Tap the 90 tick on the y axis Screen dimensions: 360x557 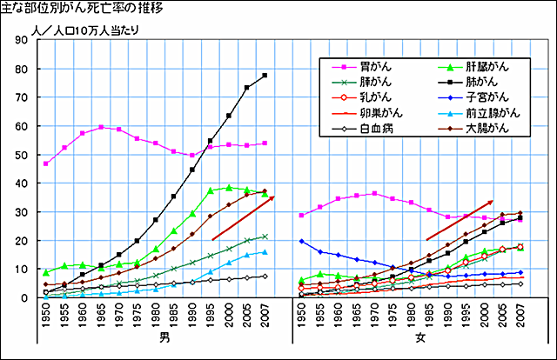23,40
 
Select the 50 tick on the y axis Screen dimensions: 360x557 23,155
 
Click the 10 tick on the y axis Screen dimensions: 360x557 23,270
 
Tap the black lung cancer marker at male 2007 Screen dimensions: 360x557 265,76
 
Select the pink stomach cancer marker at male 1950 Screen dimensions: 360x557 45,163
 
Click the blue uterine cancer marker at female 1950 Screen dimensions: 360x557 301,241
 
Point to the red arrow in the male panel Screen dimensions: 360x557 243,218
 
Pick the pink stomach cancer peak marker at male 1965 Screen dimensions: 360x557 101,127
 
